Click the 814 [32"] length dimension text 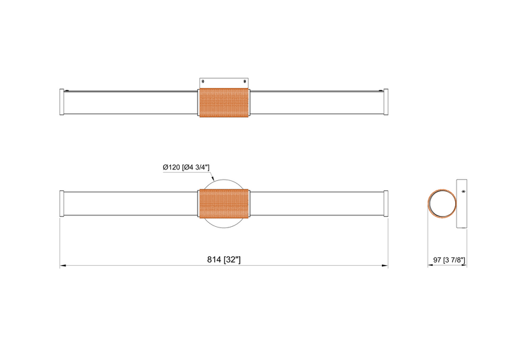[x=223, y=259]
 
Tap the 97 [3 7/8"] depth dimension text [x=449, y=259]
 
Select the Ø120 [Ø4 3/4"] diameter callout [x=187, y=167]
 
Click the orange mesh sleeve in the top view [x=223, y=103]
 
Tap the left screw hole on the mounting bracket [x=203, y=81]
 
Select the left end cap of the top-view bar [x=61, y=102]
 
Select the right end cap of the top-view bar [x=386, y=102]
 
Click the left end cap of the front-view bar [x=61, y=203]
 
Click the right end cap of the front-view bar [x=386, y=203]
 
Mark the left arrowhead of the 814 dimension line [x=62, y=266]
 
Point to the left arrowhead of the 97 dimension [x=429, y=266]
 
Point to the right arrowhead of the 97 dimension [x=465, y=266]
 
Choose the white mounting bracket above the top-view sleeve [x=224, y=82]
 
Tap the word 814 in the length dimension [x=214, y=259]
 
